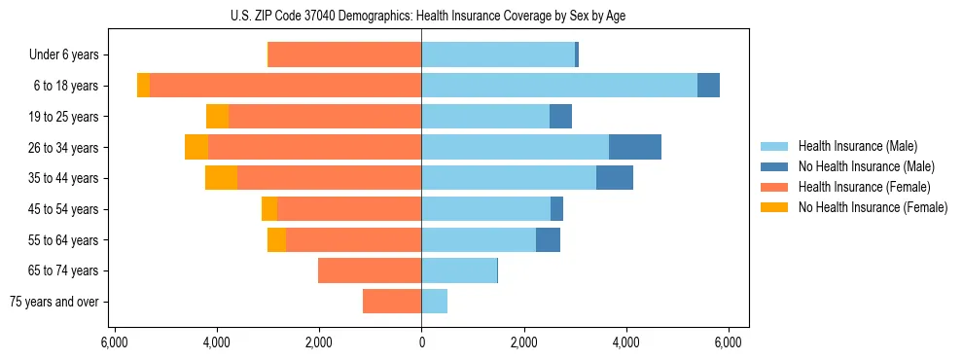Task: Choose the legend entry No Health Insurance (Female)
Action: point(873,207)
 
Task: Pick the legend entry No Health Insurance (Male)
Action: point(866,166)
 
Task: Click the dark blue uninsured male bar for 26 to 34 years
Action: point(635,147)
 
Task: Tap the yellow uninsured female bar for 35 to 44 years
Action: point(221,178)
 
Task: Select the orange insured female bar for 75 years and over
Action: point(392,302)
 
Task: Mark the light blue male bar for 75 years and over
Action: point(434,302)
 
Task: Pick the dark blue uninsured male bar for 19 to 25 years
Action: point(560,116)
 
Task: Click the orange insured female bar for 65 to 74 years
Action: point(370,270)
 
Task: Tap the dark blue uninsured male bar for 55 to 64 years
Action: point(548,239)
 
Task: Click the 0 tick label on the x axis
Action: point(421,342)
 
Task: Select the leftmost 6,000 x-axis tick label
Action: point(114,342)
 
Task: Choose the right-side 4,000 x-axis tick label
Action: point(625,342)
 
